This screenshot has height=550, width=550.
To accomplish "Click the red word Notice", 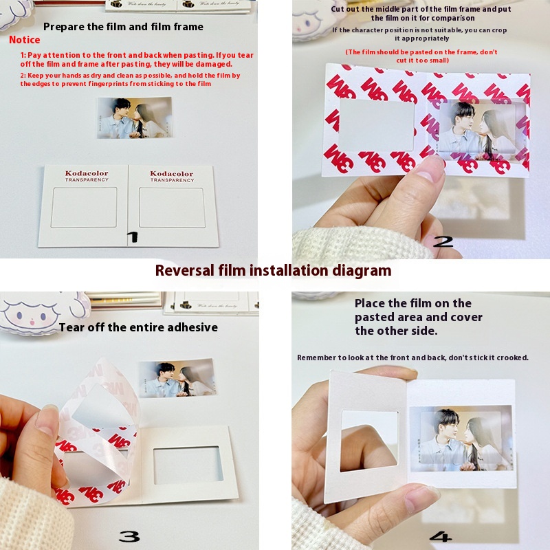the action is [25, 40].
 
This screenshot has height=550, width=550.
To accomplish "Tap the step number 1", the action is [133, 237].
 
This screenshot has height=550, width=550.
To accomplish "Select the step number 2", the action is [443, 242].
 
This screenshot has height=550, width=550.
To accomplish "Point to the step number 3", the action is [129, 536].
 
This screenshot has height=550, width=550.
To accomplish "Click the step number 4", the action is [441, 536].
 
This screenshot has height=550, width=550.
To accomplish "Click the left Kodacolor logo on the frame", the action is [87, 176].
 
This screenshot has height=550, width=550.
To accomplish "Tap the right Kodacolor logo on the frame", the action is [172, 176].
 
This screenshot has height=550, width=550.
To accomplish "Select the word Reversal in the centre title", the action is [184, 271].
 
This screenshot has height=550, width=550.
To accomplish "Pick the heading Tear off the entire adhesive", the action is [138, 327].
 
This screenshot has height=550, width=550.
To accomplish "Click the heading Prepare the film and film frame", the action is [123, 27].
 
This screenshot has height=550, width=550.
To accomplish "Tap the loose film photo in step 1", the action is [135, 118].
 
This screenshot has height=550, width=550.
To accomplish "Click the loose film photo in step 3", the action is [177, 378].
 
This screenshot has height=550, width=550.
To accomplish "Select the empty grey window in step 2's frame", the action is [376, 125].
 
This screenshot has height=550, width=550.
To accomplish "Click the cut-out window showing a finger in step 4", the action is [369, 441].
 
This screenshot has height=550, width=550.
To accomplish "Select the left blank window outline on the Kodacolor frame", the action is [84, 208].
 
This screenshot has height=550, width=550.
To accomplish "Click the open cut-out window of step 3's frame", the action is [188, 465].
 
